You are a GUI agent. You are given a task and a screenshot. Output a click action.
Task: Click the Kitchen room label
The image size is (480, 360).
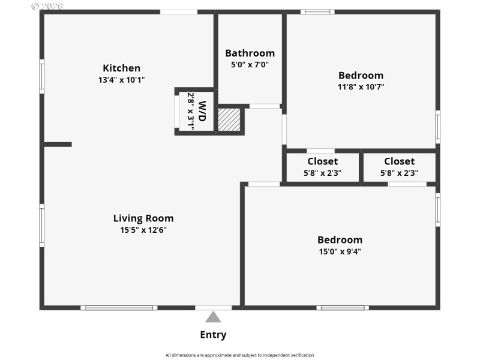121,68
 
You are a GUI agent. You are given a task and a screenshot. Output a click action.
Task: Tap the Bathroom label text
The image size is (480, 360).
250,53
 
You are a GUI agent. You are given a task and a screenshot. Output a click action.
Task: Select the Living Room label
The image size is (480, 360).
143,218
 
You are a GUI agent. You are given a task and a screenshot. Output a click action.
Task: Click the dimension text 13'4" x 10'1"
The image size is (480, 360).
121,79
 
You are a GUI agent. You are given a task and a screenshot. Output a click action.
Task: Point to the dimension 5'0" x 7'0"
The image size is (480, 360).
250,64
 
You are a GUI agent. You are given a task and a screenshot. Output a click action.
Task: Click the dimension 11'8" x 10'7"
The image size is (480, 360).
361,86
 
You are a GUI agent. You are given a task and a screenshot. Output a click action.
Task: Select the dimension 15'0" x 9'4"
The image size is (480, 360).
340,251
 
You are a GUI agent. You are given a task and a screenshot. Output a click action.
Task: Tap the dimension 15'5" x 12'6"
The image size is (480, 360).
143,229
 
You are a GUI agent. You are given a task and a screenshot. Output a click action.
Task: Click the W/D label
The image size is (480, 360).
202,111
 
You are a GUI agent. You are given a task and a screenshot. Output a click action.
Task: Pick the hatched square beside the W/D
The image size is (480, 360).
229,119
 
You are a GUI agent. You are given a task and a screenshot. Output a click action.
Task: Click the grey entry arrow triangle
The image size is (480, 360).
213,317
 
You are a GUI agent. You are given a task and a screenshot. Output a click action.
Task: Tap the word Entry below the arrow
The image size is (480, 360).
213,335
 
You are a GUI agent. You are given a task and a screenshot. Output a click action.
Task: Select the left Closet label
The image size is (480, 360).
322,161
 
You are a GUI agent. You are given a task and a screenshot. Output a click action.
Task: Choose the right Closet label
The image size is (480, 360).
399,161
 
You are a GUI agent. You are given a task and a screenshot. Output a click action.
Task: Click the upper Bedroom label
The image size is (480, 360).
361,75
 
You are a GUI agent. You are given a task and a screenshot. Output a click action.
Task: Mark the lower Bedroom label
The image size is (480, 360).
340,239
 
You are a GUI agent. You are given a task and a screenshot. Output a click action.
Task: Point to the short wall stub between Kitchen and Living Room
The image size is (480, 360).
58,144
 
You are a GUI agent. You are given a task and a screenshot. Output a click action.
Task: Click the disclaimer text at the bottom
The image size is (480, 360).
239,355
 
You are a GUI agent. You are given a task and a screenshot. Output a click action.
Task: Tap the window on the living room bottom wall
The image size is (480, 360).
119,308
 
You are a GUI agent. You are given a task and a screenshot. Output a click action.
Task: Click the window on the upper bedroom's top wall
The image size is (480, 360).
317,11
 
